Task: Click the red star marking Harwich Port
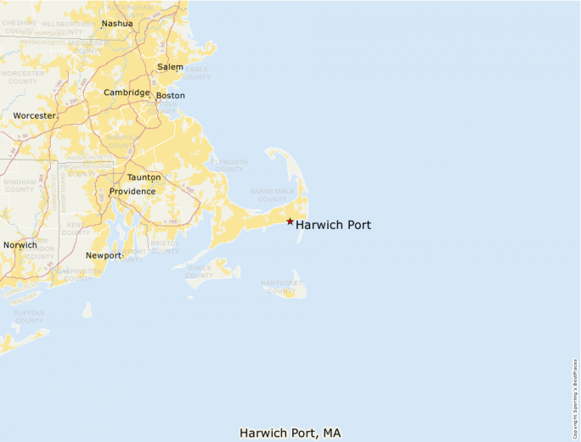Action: coord(290,221)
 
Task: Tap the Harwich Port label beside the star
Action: coord(333,225)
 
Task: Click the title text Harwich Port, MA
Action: coord(290,433)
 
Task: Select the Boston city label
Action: coord(170,96)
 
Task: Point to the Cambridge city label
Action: coord(127,92)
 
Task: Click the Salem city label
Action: coord(170,66)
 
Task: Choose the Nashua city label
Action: coord(117,24)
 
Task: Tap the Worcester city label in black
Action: coord(34,115)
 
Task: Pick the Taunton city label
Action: coord(144,177)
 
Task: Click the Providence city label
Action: coord(132,192)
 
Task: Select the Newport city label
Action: coord(104,255)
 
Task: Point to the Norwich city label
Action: coord(20,245)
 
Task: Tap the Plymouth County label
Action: coord(229,165)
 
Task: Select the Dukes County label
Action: coord(200,271)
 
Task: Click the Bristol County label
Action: coord(165,247)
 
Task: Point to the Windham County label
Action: coord(20,185)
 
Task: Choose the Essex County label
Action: coord(196,73)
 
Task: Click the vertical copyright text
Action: coord(576,391)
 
